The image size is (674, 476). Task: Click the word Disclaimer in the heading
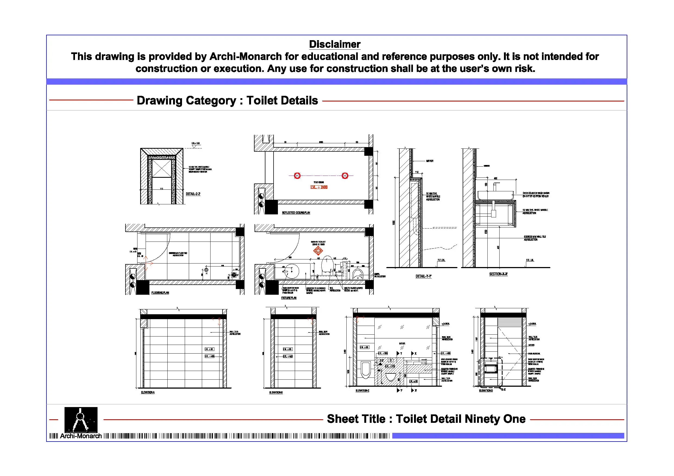[x=334, y=44]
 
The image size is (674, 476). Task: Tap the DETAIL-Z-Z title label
[x=193, y=194]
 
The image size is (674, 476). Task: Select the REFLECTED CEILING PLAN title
[x=296, y=213]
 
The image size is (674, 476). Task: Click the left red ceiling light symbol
[x=297, y=176]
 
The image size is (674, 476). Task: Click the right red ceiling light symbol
[x=345, y=176]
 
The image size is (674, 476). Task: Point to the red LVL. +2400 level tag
[x=319, y=187]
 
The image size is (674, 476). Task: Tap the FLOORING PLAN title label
[x=160, y=293]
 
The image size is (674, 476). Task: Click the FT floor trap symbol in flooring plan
[x=206, y=270]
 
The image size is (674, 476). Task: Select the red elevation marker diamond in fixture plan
[x=318, y=250]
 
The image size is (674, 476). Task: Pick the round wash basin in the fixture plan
[x=291, y=271]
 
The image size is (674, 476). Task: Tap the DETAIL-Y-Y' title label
[x=423, y=276]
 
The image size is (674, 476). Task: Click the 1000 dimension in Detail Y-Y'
[x=394, y=223]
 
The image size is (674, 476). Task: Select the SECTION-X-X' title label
[x=498, y=274]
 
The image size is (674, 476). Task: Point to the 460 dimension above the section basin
[x=496, y=178]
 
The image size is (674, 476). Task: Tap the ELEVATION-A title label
[x=148, y=392]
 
